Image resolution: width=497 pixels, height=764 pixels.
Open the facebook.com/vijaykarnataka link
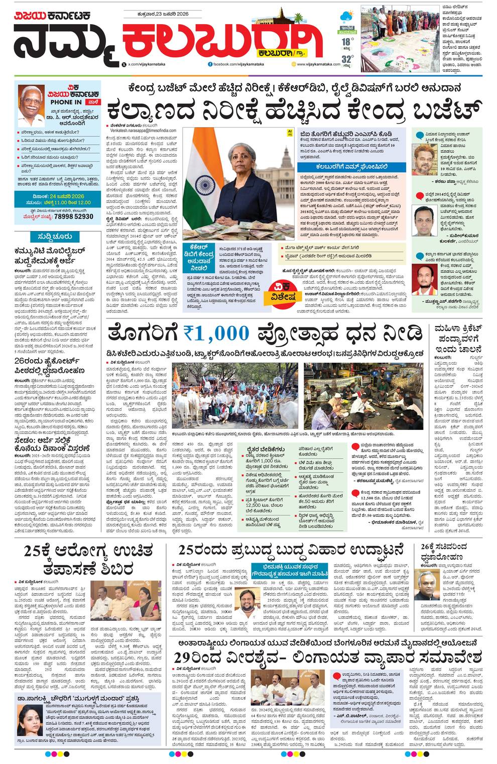[x=239, y=64]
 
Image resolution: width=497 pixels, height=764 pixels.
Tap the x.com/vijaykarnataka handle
[x=151, y=64]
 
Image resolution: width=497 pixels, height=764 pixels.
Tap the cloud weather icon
[x=346, y=16]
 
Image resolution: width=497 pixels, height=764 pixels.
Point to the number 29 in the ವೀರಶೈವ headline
[x=184, y=657]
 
